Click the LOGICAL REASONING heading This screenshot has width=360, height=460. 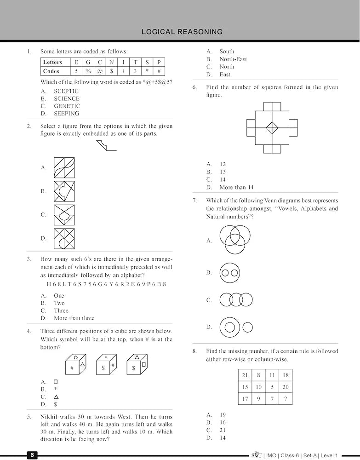[182, 32]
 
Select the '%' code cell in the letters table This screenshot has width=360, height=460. [88, 71]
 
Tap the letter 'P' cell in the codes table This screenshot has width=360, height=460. [159, 62]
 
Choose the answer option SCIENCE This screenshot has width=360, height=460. [66, 98]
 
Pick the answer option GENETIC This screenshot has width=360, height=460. [67, 106]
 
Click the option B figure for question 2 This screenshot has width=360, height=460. [64, 191]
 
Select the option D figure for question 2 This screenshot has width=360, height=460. [64, 238]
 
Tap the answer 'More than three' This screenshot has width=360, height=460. [74, 318]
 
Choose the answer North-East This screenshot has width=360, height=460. [233, 59]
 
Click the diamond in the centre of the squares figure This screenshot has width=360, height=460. [272, 126]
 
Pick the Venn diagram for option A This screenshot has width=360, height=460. [235, 240]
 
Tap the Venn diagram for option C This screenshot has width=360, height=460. [236, 300]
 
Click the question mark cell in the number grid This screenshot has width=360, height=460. [285, 399]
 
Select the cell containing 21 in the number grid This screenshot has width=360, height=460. [245, 375]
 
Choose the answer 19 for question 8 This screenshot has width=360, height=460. [223, 415]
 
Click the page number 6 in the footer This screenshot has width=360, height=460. [32, 455]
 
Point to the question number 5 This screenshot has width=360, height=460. [29, 417]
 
